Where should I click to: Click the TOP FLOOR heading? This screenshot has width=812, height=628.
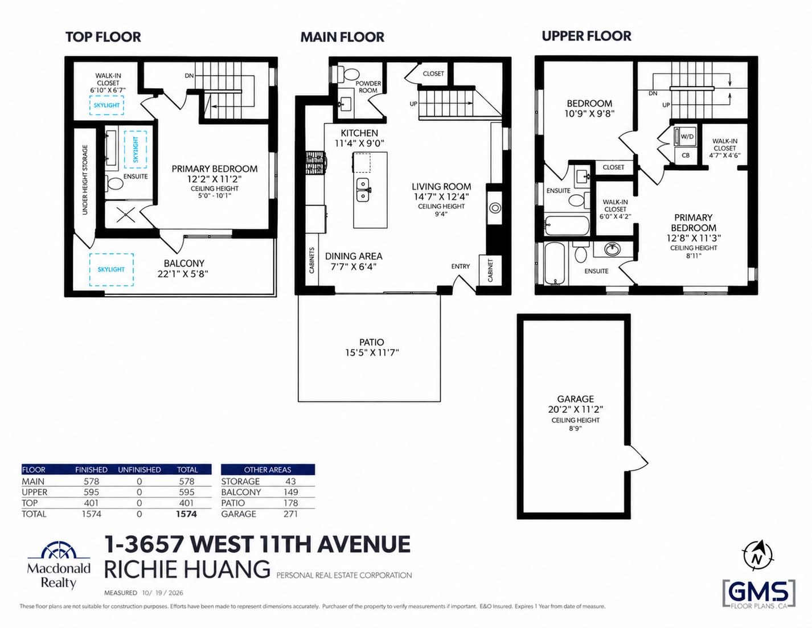(x=103, y=37)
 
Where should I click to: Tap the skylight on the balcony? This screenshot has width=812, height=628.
(x=112, y=269)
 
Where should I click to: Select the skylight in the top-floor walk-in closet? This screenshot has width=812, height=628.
(x=106, y=105)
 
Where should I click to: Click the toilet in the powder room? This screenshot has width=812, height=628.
(x=347, y=73)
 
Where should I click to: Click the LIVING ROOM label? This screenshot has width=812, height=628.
(x=441, y=186)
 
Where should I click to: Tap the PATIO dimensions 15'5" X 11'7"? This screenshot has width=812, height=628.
(x=372, y=352)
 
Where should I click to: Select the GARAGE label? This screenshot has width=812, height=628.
(x=576, y=399)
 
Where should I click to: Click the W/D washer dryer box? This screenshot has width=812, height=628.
(x=687, y=137)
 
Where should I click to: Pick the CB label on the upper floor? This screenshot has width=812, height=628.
(x=686, y=155)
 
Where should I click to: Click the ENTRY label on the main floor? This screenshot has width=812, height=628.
(x=460, y=266)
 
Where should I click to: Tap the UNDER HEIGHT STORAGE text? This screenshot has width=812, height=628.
(x=85, y=180)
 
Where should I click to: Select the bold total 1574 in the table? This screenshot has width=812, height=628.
(x=186, y=514)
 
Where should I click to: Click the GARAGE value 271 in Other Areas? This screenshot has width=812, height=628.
(x=290, y=514)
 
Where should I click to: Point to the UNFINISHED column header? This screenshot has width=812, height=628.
(x=140, y=470)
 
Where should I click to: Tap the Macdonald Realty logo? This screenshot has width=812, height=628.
(x=59, y=567)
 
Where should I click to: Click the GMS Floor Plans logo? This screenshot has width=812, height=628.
(x=759, y=594)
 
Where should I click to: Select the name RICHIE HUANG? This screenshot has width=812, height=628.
(x=187, y=569)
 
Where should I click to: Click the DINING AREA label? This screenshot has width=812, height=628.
(x=354, y=256)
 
